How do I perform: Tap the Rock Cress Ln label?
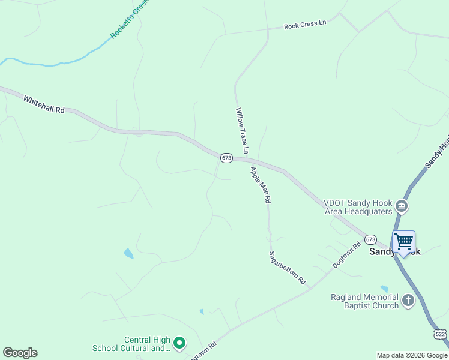pyautogui.click(x=304, y=25)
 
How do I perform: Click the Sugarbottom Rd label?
pyautogui.click(x=287, y=268)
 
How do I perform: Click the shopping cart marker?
pyautogui.click(x=404, y=242)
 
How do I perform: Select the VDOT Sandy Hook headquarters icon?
pyautogui.click(x=402, y=207)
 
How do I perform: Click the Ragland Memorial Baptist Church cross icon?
pyautogui.click(x=408, y=301)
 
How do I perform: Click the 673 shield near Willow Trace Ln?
pyautogui.click(x=226, y=158)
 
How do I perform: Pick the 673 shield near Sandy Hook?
pyautogui.click(x=370, y=239)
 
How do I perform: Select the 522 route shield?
pyautogui.click(x=441, y=334)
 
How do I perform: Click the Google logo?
pyautogui.click(x=20, y=353)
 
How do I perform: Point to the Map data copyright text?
pyautogui.click(x=412, y=355)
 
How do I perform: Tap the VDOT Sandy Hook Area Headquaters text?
pyautogui.click(x=358, y=207)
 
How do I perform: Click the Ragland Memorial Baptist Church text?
pyautogui.click(x=365, y=301)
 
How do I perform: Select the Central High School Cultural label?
pyautogui.click(x=131, y=344)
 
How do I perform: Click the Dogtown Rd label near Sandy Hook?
pyautogui.click(x=348, y=255)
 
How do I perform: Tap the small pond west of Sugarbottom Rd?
pyautogui.click(x=128, y=253)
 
